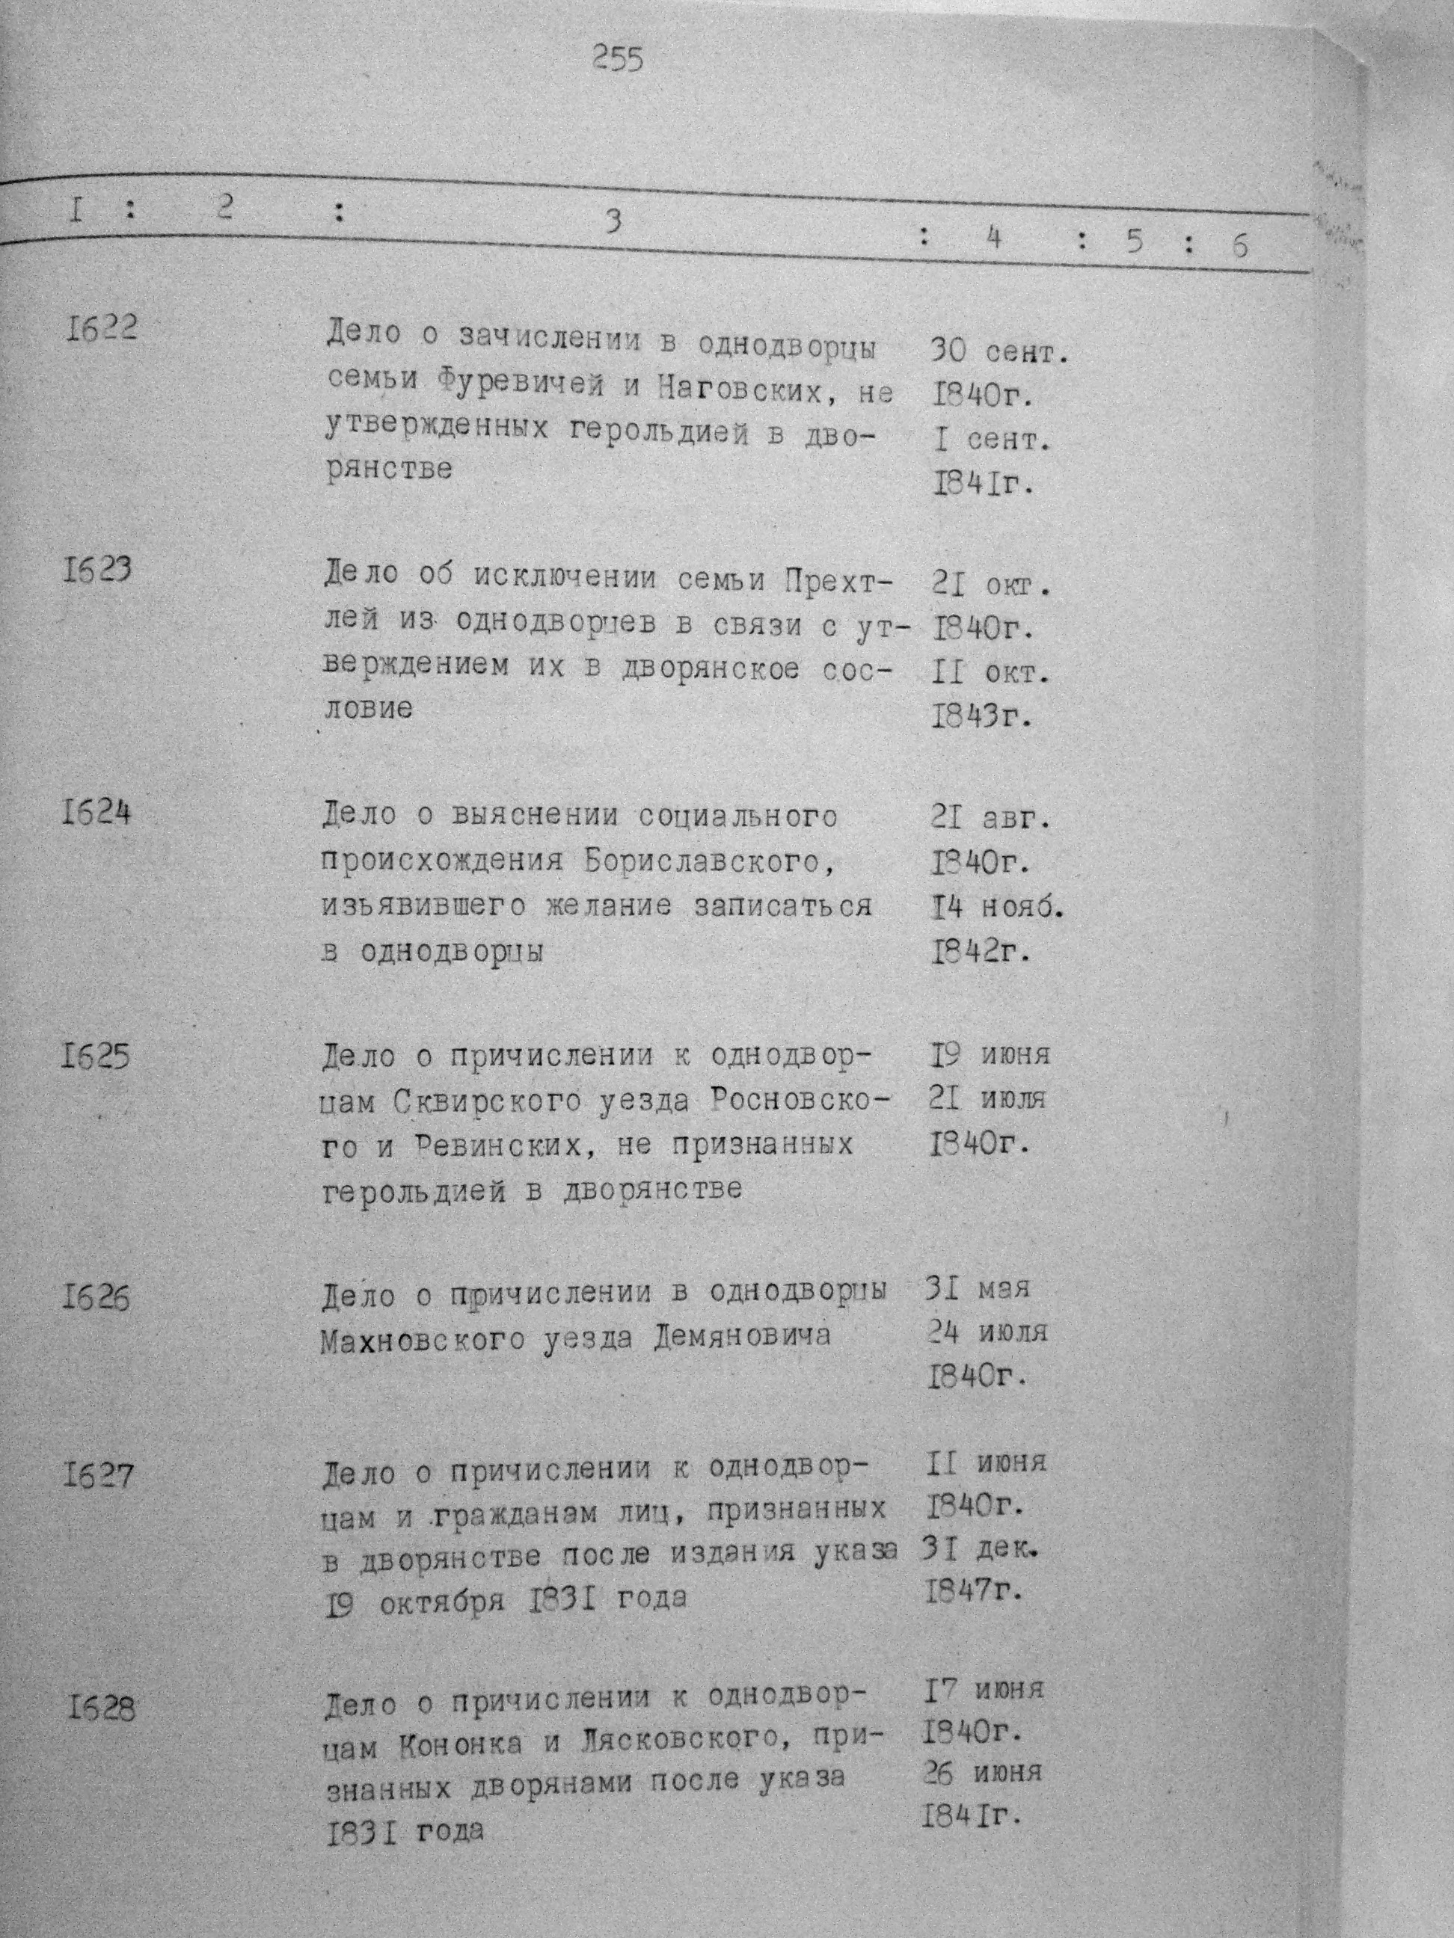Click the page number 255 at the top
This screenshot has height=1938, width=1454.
(618, 60)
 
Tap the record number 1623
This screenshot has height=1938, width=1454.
(97, 571)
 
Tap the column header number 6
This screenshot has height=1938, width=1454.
(1239, 246)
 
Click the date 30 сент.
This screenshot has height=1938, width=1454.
(996, 352)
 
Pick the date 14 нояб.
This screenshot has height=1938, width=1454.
(996, 908)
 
